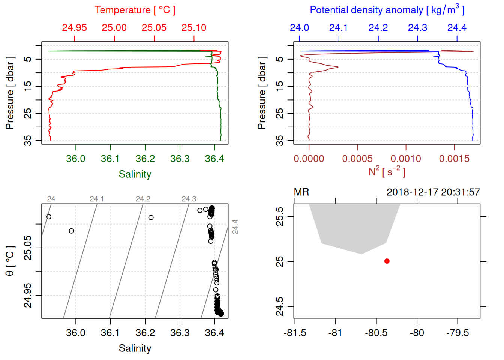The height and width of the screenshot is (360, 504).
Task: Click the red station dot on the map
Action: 387,261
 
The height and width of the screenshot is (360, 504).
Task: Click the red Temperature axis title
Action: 135,10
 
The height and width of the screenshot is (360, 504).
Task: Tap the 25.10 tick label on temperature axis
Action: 194,28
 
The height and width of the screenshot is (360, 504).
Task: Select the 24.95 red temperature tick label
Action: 74,28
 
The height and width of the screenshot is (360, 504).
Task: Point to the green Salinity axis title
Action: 135,174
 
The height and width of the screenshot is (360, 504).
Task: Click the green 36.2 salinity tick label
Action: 145,159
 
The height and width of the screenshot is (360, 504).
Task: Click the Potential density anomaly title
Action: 387,10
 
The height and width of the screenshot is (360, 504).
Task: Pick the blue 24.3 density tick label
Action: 417,28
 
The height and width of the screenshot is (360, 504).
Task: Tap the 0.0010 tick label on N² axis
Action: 406,159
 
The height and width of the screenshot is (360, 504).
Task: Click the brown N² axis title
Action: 387,172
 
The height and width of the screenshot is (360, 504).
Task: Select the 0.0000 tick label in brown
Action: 309,159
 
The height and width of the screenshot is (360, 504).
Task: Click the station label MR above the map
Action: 301,192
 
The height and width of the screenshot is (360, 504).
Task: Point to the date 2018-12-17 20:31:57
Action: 433,192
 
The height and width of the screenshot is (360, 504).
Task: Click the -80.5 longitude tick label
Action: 376,333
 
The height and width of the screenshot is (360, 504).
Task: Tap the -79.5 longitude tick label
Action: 457,333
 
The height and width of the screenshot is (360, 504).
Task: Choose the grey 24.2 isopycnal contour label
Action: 143,199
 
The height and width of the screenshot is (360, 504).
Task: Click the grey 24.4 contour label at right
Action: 235,227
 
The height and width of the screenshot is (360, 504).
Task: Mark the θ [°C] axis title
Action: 10,261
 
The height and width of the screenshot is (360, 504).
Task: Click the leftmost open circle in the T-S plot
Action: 49,217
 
